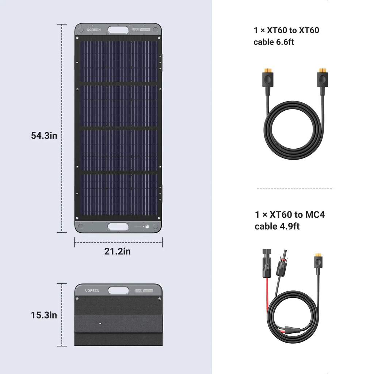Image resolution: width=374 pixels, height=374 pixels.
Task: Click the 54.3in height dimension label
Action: (x=44, y=136)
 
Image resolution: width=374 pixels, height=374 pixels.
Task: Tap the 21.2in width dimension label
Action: (x=117, y=251)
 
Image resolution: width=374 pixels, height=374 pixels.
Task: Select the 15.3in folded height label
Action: (x=44, y=315)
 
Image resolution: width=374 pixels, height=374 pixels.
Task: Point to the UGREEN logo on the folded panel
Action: (x=92, y=290)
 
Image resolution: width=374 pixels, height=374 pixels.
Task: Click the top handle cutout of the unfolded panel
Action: (x=118, y=30)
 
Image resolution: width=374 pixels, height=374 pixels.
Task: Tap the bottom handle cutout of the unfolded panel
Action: (x=118, y=226)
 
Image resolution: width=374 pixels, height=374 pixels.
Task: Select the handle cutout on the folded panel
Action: (x=118, y=291)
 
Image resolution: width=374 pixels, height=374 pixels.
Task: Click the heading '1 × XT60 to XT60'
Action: (x=286, y=30)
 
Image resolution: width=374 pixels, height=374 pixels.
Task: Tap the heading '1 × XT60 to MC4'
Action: (x=290, y=214)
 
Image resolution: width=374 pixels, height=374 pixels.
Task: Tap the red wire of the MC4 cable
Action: (x=268, y=296)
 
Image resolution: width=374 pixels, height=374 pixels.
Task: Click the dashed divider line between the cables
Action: (x=295, y=188)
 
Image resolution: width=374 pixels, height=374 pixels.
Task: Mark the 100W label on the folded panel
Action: (x=141, y=290)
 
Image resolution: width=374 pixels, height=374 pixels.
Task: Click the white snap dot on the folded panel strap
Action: (x=100, y=323)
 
